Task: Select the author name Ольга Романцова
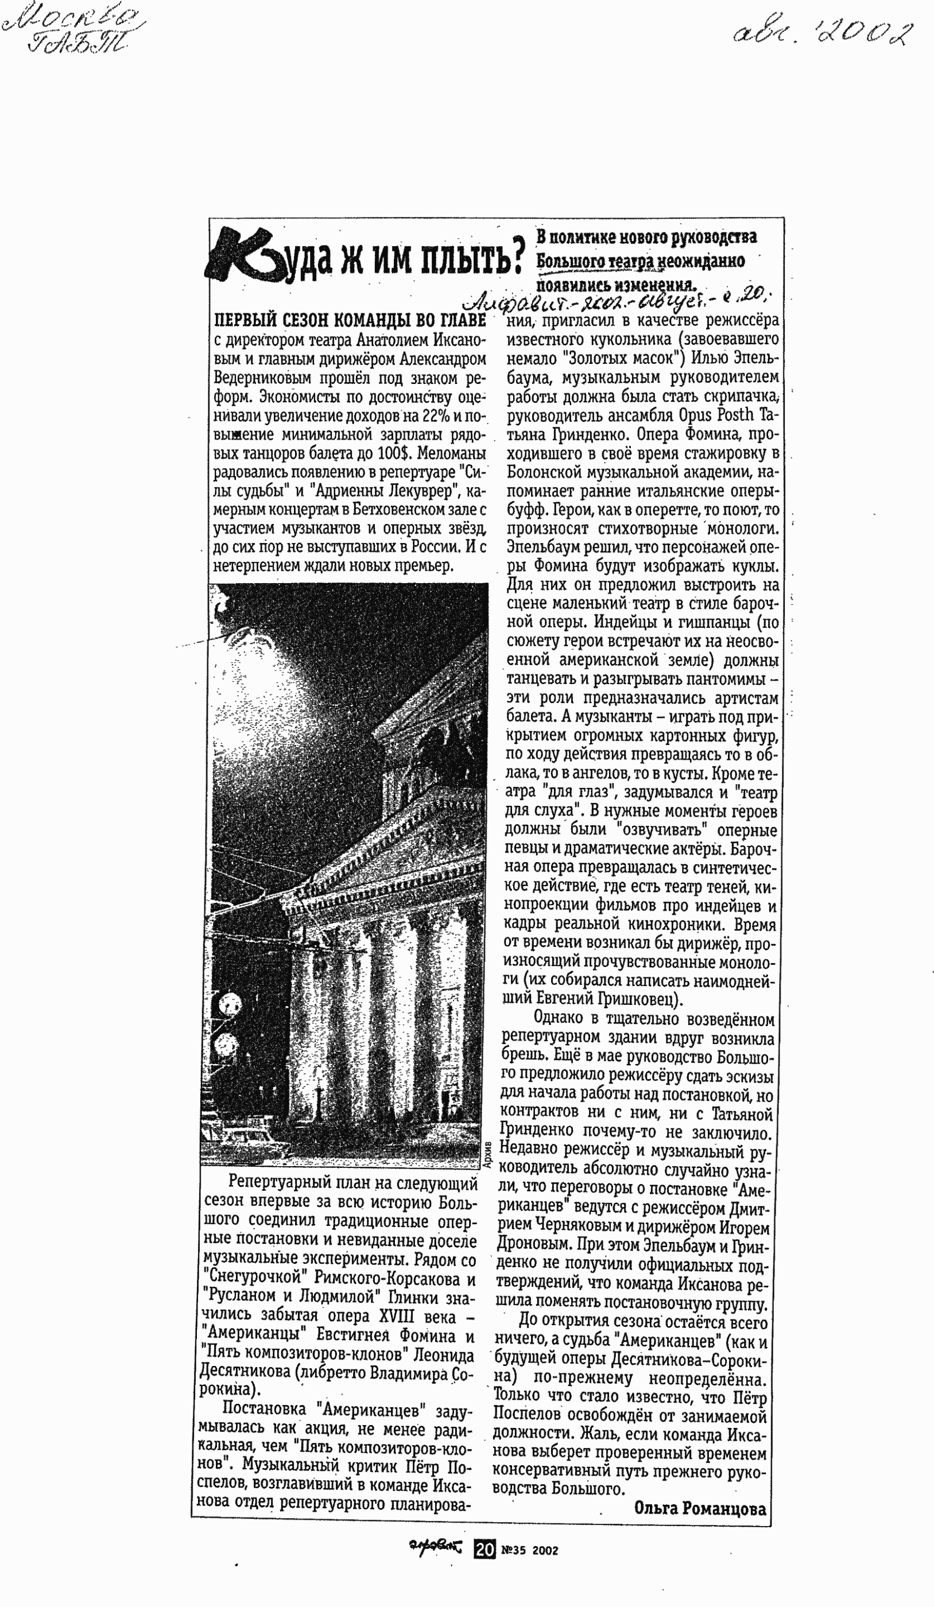pyautogui.click(x=700, y=1508)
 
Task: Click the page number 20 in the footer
pyautogui.click(x=485, y=1550)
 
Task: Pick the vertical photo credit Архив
pyautogui.click(x=488, y=1155)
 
